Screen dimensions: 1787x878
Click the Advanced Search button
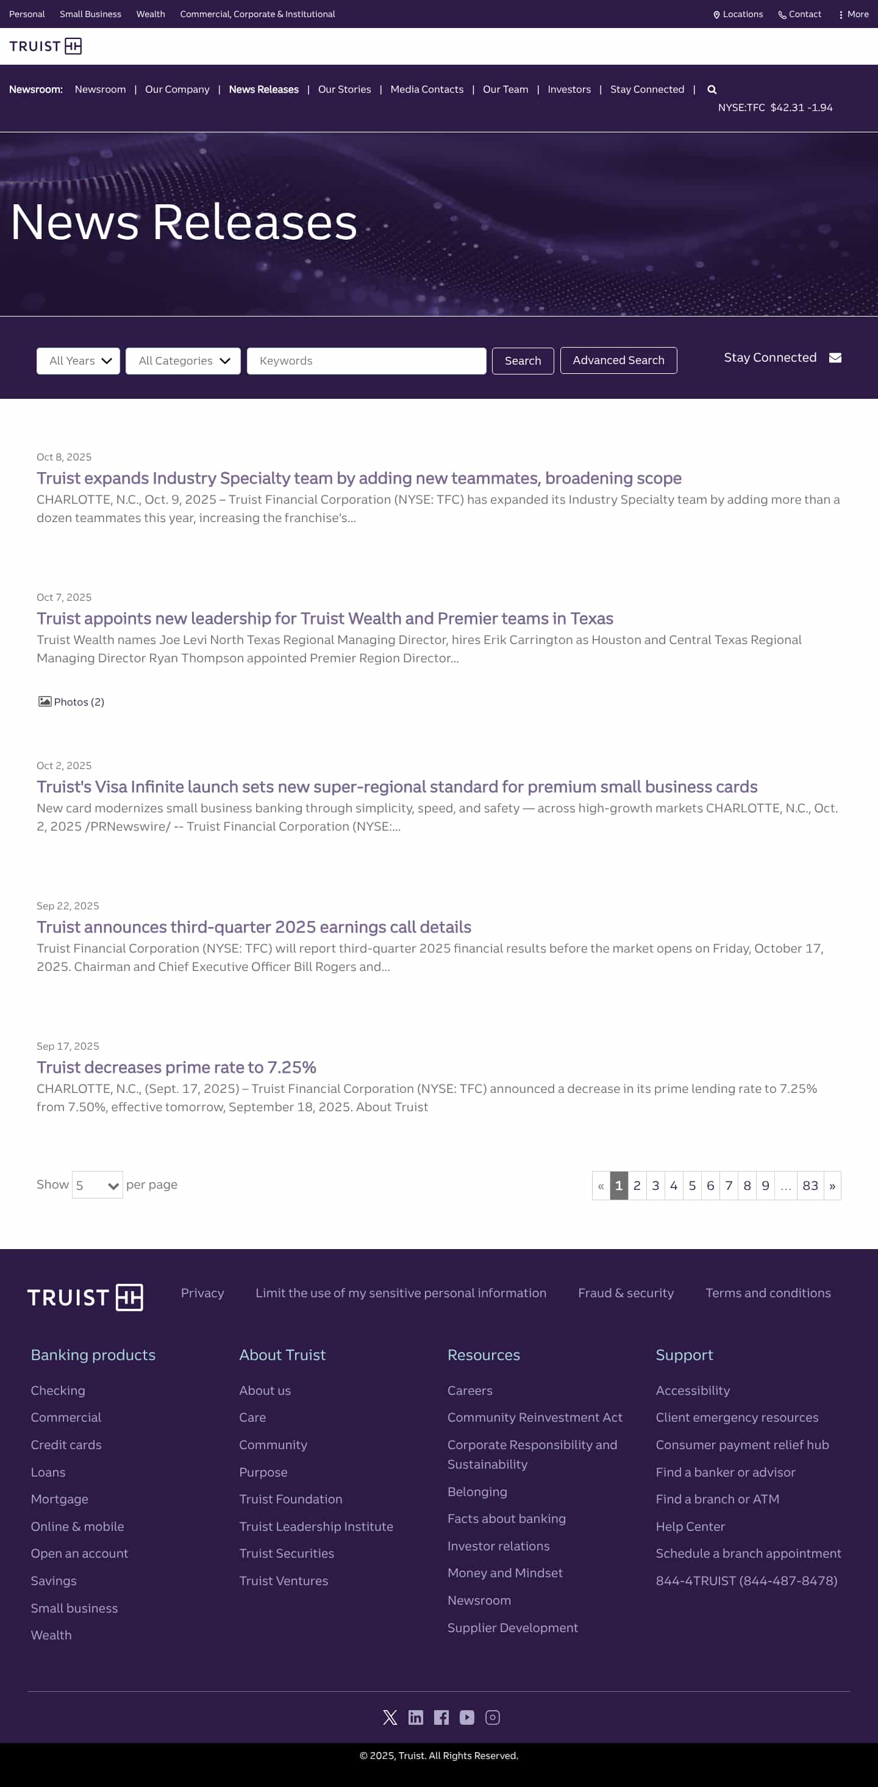click(x=618, y=360)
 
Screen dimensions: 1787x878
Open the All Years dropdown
click(x=79, y=360)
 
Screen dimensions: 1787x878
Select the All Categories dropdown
click(x=183, y=360)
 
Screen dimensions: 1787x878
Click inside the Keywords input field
click(x=366, y=360)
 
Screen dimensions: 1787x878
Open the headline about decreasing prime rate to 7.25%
click(x=176, y=1067)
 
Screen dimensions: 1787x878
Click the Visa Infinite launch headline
click(x=397, y=787)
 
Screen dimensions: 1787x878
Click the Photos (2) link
click(x=71, y=702)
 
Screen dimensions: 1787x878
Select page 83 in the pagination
click(x=810, y=1186)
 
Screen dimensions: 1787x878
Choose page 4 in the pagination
click(x=673, y=1186)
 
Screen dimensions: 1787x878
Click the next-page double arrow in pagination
click(x=832, y=1186)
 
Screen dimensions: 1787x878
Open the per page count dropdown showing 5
click(x=97, y=1185)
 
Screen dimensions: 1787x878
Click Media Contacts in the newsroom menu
click(x=427, y=90)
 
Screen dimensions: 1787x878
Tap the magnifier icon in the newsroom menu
click(x=712, y=90)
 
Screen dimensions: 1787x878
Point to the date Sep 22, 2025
click(x=68, y=906)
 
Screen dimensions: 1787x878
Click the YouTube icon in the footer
click(x=466, y=1717)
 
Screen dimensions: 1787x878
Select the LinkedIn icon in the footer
click(x=415, y=1717)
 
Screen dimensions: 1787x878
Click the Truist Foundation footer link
click(x=291, y=1499)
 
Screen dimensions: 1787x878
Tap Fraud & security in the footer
click(x=626, y=1293)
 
